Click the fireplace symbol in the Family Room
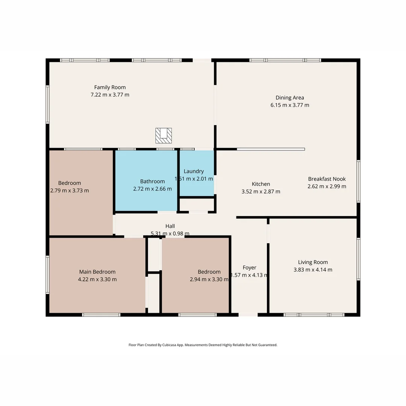coord(164,135)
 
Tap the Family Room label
coord(110,88)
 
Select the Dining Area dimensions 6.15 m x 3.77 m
coord(290,105)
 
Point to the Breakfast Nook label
coord(327,179)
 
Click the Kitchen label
coord(261,184)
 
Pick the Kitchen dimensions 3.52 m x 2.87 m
coord(261,192)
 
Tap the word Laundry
coord(194,171)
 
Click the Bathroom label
coord(152,182)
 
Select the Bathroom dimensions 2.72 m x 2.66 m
coord(152,189)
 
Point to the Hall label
coord(170,226)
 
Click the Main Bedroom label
coord(97,272)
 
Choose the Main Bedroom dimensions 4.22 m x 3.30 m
coord(97,280)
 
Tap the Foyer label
coord(249,268)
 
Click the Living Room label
coord(313,262)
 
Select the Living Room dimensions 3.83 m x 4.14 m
coord(313,270)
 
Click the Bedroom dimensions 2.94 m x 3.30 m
coord(209,280)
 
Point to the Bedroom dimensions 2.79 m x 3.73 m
coord(70,191)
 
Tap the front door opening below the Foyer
coord(248,315)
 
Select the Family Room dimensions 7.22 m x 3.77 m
coord(110,95)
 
